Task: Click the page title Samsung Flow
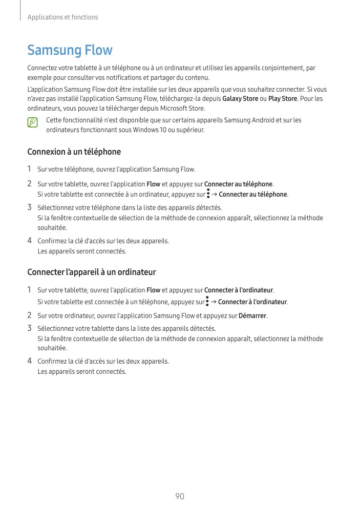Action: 70,50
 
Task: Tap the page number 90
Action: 180,496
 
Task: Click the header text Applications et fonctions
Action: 62,17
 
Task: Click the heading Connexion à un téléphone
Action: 74,152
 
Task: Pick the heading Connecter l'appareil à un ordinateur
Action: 91,272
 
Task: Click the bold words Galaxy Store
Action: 240,98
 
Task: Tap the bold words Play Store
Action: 283,98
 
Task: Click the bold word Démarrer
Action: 252,315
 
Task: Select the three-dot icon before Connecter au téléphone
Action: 208,194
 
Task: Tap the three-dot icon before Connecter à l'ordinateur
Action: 207,301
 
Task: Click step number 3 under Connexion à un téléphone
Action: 30,207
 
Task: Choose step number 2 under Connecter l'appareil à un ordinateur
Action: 30,315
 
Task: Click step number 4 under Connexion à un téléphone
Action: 30,240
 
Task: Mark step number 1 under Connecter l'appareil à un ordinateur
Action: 30,290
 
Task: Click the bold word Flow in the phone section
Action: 153,184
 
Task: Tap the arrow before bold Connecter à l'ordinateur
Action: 214,302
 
